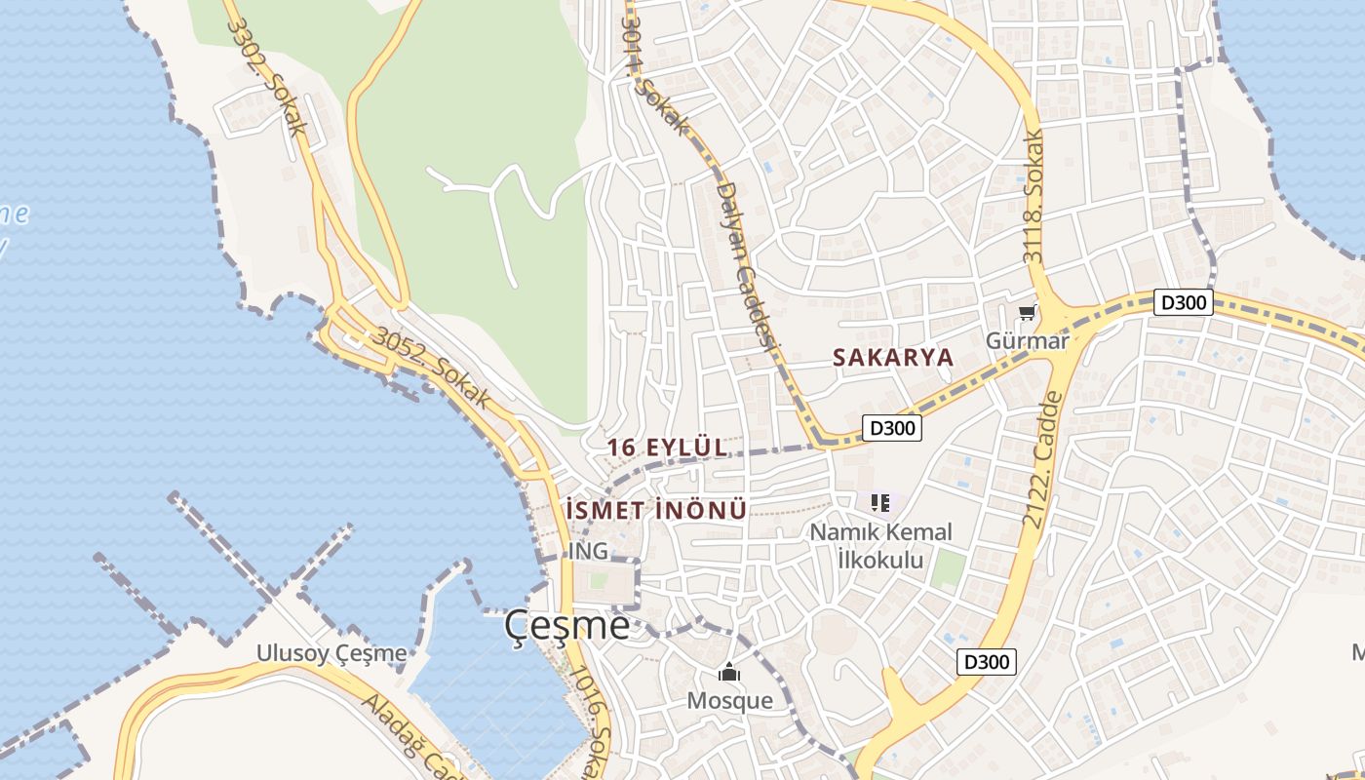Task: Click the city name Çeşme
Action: click(x=567, y=626)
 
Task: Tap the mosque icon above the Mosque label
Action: click(x=729, y=673)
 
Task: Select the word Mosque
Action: click(x=729, y=700)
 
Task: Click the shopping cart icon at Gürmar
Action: click(x=1027, y=313)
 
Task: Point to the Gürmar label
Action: click(x=1027, y=340)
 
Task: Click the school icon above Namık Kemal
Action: click(x=880, y=503)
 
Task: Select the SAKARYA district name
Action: click(x=892, y=358)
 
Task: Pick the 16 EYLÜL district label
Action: click(x=667, y=448)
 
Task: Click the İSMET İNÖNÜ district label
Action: click(x=656, y=510)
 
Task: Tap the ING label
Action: click(x=588, y=551)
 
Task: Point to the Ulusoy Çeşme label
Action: click(x=331, y=652)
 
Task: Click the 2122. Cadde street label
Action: click(x=1041, y=460)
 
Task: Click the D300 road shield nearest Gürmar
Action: click(x=1184, y=302)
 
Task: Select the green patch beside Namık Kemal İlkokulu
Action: click(x=946, y=569)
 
